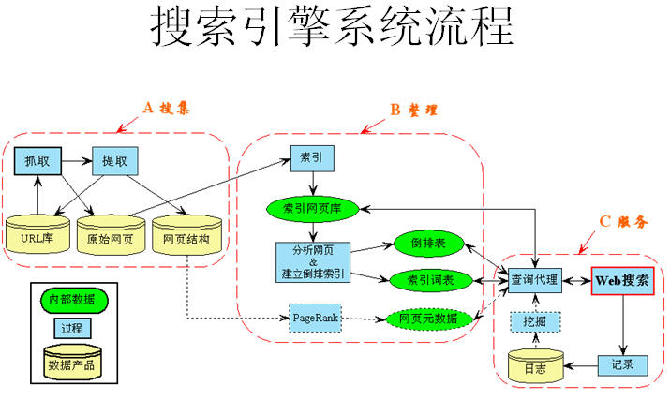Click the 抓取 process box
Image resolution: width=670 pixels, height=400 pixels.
37,161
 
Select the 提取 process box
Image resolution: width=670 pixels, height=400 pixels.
114,161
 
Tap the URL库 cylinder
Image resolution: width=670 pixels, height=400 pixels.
37,237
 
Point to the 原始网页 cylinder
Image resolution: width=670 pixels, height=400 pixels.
111,237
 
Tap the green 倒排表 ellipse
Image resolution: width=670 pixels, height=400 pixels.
426,243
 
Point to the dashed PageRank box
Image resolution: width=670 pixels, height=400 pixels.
314,319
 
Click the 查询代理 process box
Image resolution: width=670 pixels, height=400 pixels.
534,280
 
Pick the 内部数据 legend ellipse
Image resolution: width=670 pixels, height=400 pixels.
67,300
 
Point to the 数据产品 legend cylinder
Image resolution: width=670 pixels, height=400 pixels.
67,363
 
